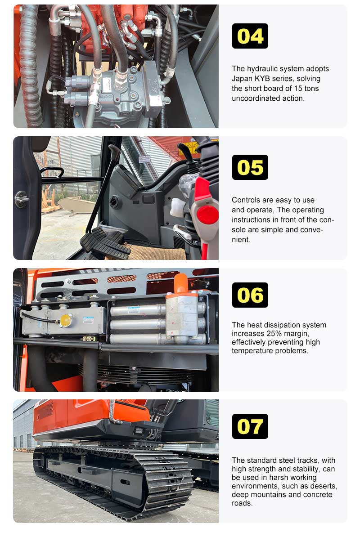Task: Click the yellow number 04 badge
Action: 250,36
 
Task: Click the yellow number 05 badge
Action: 250,167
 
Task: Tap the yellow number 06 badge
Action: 250,295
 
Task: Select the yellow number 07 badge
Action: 250,426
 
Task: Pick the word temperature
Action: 250,351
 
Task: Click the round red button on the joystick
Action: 207,215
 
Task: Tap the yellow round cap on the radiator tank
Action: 66,320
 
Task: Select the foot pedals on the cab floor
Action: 104,243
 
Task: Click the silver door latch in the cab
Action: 21,199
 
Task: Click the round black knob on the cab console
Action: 116,202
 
